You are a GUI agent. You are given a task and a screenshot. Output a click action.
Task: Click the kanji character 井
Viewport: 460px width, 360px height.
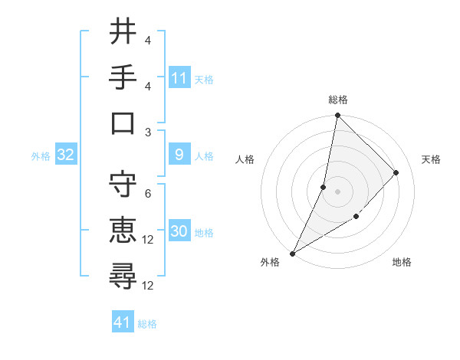click(x=123, y=31)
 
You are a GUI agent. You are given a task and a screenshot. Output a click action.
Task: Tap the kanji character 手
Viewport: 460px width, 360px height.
click(x=123, y=77)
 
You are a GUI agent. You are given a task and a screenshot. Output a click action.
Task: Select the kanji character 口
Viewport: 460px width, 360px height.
click(x=123, y=123)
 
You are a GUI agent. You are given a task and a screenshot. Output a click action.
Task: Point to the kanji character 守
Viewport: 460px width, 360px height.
click(x=123, y=185)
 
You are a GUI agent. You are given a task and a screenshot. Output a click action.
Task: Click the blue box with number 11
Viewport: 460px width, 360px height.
click(x=179, y=77)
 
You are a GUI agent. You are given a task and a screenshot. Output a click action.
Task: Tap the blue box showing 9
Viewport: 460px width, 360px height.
click(x=179, y=155)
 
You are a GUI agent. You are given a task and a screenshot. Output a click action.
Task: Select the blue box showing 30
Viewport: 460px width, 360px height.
click(x=179, y=232)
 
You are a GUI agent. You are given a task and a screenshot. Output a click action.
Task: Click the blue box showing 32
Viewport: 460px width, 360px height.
click(x=65, y=155)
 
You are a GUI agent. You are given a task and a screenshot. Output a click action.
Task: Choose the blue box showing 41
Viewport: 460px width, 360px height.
click(x=123, y=322)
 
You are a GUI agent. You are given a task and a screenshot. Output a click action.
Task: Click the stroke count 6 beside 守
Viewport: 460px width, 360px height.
click(x=147, y=194)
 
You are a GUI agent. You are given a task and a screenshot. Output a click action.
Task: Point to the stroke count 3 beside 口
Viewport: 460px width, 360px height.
click(x=147, y=132)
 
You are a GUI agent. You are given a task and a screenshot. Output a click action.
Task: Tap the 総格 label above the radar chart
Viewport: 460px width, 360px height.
click(x=337, y=100)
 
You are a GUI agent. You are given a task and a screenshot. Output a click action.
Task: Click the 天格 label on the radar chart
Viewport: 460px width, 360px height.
click(x=432, y=159)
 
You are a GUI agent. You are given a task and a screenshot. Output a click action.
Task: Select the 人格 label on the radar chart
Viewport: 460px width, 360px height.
click(x=245, y=159)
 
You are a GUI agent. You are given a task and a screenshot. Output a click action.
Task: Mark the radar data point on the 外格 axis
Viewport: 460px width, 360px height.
click(x=292, y=254)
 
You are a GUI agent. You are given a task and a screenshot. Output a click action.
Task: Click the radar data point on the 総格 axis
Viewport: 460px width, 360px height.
click(x=337, y=116)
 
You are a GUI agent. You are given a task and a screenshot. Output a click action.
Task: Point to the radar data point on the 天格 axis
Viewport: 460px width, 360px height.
click(x=396, y=172)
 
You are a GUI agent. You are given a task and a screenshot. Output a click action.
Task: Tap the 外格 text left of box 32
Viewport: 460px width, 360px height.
click(x=41, y=155)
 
